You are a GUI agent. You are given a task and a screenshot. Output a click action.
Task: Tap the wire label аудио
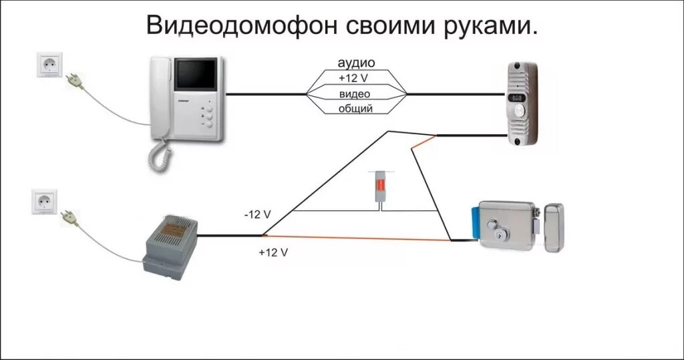[x=355, y=63]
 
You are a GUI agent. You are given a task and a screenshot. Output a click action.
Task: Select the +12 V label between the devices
[x=355, y=78]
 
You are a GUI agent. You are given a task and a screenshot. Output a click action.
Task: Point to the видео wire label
[x=355, y=94]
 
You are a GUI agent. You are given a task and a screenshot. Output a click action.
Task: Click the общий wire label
[x=355, y=108]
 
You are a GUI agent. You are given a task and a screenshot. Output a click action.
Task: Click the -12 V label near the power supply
[x=257, y=214]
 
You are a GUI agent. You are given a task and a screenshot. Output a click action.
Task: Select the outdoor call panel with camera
[x=522, y=104]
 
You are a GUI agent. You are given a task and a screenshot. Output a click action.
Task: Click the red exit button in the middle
[x=379, y=188]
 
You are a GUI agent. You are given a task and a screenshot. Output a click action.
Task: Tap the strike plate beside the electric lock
[x=553, y=228]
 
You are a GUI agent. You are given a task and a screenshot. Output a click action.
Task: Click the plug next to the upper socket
[x=74, y=80]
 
